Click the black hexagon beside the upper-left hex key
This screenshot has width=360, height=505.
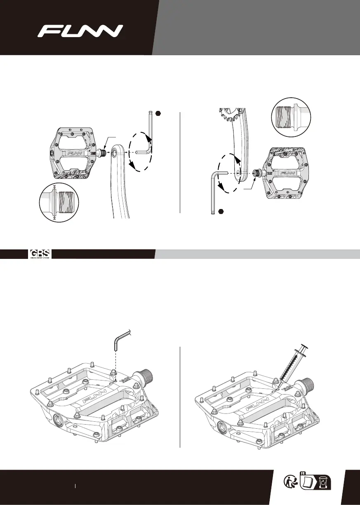(159, 113)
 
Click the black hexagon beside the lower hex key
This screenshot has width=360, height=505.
(221, 211)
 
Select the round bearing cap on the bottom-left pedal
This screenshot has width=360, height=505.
(59, 420)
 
